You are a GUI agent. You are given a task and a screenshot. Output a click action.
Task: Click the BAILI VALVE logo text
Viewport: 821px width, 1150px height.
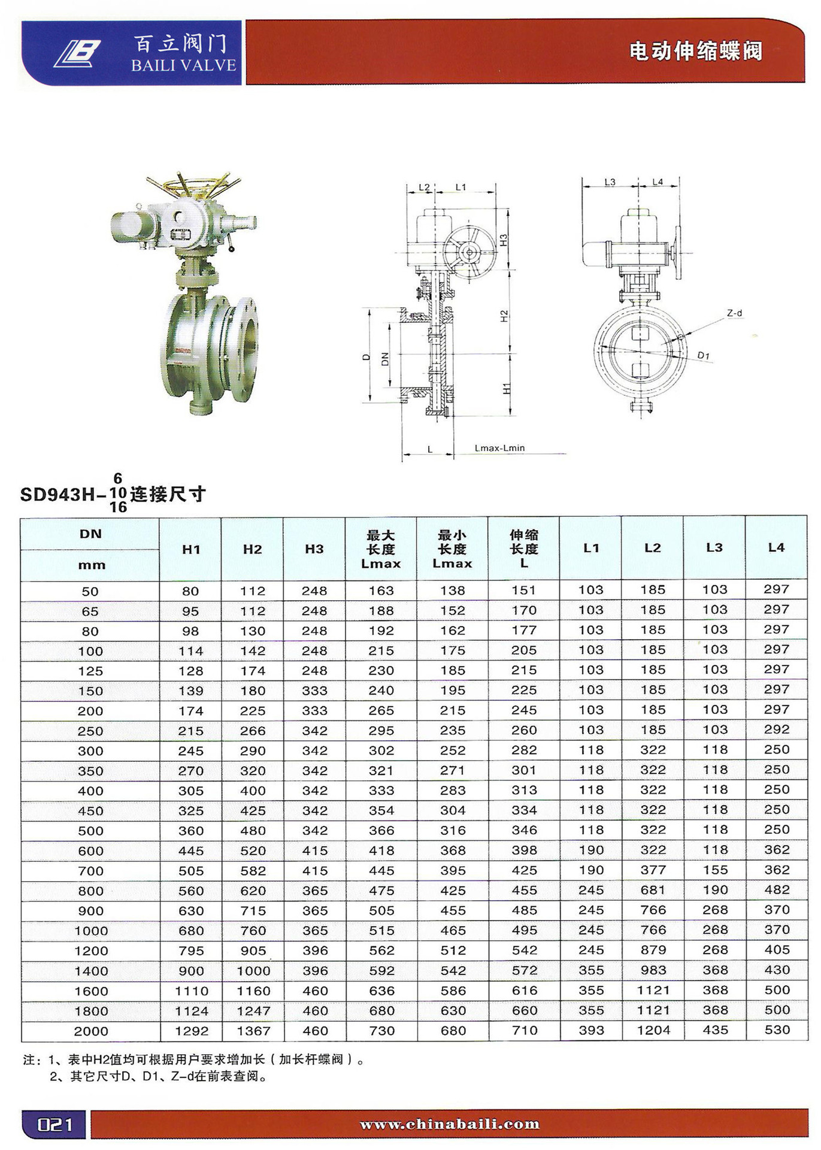[x=183, y=65]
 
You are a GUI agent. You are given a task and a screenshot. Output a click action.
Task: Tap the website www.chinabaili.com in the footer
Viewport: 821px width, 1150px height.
[x=449, y=1124]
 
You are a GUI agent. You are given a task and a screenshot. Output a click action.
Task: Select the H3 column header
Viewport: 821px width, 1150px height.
[x=314, y=549]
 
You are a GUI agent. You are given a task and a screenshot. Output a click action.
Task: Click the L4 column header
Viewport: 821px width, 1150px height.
[x=776, y=547]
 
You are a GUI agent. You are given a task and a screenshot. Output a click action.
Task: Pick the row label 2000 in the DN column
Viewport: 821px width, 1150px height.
[x=91, y=1031]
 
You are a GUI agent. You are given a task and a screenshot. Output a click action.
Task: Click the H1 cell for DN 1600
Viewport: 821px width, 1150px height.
[x=191, y=991]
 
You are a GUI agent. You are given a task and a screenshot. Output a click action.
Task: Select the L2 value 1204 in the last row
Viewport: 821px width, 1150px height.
[x=653, y=1030]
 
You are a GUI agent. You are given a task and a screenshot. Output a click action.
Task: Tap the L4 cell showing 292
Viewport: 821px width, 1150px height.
[x=777, y=730]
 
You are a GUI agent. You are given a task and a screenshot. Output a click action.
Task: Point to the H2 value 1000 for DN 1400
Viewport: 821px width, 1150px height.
[x=253, y=971]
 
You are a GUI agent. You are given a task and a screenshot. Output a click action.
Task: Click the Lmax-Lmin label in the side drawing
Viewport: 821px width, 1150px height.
[x=499, y=447]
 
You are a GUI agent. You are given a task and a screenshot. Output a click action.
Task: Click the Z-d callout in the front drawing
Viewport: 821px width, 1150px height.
[x=734, y=313]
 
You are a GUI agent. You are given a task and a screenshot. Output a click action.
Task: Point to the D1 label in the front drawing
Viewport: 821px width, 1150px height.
[x=704, y=356]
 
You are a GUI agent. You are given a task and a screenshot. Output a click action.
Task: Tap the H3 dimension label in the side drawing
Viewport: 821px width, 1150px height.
[x=504, y=240]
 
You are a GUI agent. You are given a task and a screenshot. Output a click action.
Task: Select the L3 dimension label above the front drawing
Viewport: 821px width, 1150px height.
[x=610, y=182]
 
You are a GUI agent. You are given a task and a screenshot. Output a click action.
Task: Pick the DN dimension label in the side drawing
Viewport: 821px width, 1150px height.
[x=385, y=359]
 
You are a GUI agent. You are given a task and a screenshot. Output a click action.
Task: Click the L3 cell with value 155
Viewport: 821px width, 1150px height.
[x=715, y=870]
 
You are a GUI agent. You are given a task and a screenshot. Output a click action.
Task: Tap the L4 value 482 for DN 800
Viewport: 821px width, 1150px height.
[x=777, y=890]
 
